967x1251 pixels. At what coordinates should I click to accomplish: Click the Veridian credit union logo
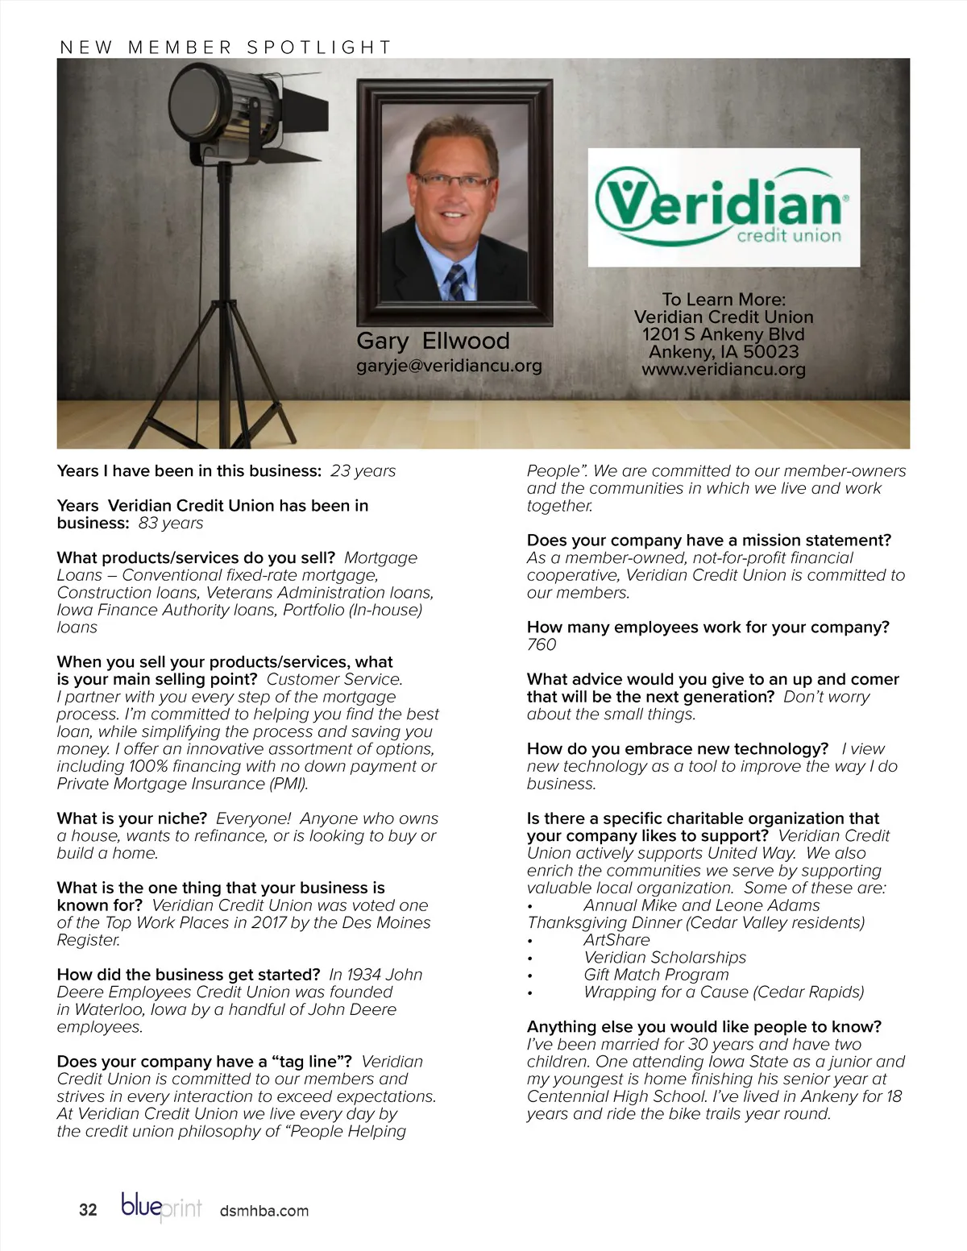(x=723, y=207)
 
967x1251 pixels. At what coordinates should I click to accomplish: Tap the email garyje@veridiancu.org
(x=449, y=366)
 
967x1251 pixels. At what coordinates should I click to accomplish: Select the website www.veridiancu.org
(x=723, y=370)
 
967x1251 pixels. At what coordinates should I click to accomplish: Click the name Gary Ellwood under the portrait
(x=433, y=341)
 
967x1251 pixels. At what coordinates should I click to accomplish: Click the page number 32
(x=88, y=1210)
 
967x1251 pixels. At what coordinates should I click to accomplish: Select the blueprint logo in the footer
(x=161, y=1208)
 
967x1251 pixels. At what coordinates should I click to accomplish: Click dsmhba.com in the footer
(x=264, y=1211)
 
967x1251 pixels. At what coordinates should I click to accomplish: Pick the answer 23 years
(x=363, y=471)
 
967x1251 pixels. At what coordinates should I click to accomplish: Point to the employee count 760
(x=542, y=644)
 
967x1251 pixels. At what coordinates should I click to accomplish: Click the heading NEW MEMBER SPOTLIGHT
(x=226, y=48)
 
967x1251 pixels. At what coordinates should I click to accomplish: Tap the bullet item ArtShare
(x=616, y=940)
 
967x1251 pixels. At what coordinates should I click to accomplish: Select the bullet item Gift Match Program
(x=656, y=975)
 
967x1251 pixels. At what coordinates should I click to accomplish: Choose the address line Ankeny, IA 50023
(x=723, y=352)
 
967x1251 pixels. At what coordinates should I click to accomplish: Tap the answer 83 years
(x=171, y=524)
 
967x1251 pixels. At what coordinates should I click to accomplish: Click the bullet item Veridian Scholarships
(x=665, y=958)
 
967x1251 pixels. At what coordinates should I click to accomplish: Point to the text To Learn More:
(x=723, y=300)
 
